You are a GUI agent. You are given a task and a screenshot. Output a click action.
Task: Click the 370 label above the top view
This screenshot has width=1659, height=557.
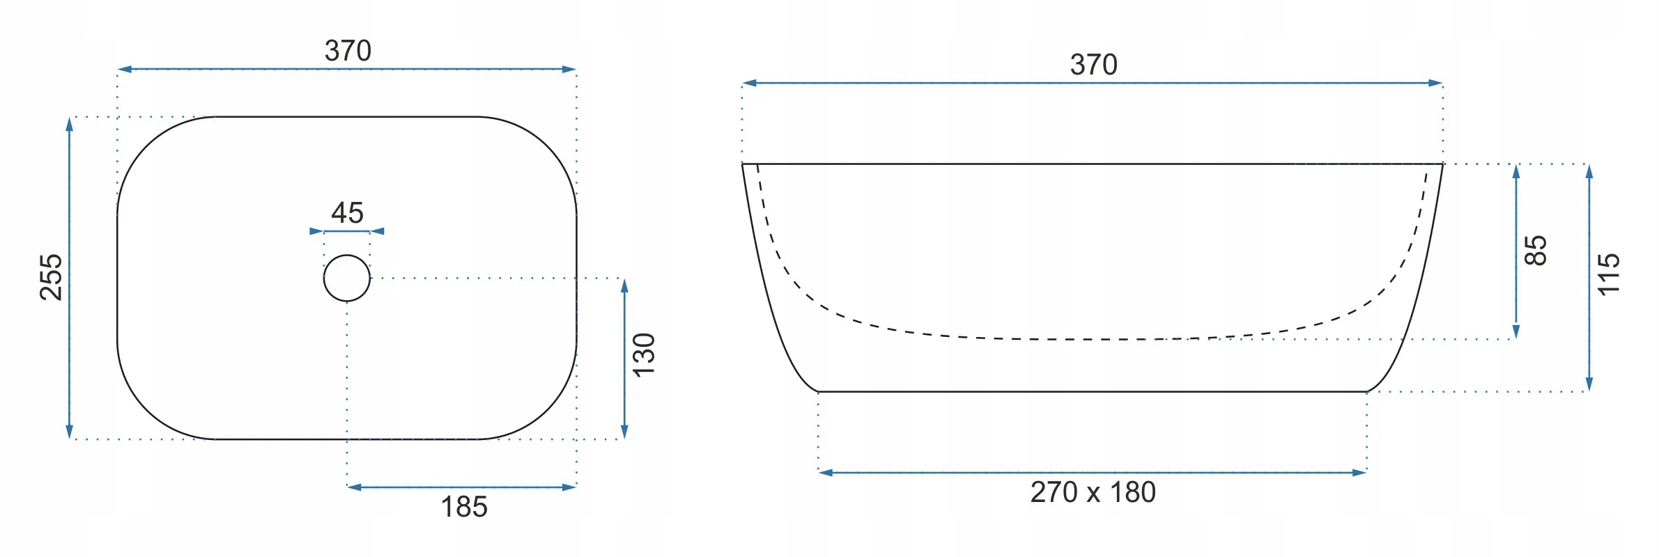[348, 51]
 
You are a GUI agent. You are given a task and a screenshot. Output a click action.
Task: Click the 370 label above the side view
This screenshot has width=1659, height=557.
[1093, 65]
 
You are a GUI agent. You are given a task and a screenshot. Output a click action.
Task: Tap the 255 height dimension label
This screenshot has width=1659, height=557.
[52, 277]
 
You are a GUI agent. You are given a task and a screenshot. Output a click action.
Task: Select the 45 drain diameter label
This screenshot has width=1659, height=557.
[347, 212]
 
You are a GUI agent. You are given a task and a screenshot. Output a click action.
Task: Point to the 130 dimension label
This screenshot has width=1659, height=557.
[644, 355]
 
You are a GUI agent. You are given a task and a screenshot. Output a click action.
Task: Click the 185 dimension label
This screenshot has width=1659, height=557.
[464, 507]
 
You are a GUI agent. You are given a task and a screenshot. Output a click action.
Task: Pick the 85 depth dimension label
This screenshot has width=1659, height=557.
[1536, 251]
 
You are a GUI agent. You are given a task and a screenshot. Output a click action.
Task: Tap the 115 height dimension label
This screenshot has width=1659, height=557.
[1609, 274]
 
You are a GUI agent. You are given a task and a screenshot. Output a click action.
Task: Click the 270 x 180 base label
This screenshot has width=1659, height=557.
[1093, 492]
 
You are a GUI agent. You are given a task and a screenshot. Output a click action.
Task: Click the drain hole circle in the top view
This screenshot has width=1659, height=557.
[347, 255]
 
